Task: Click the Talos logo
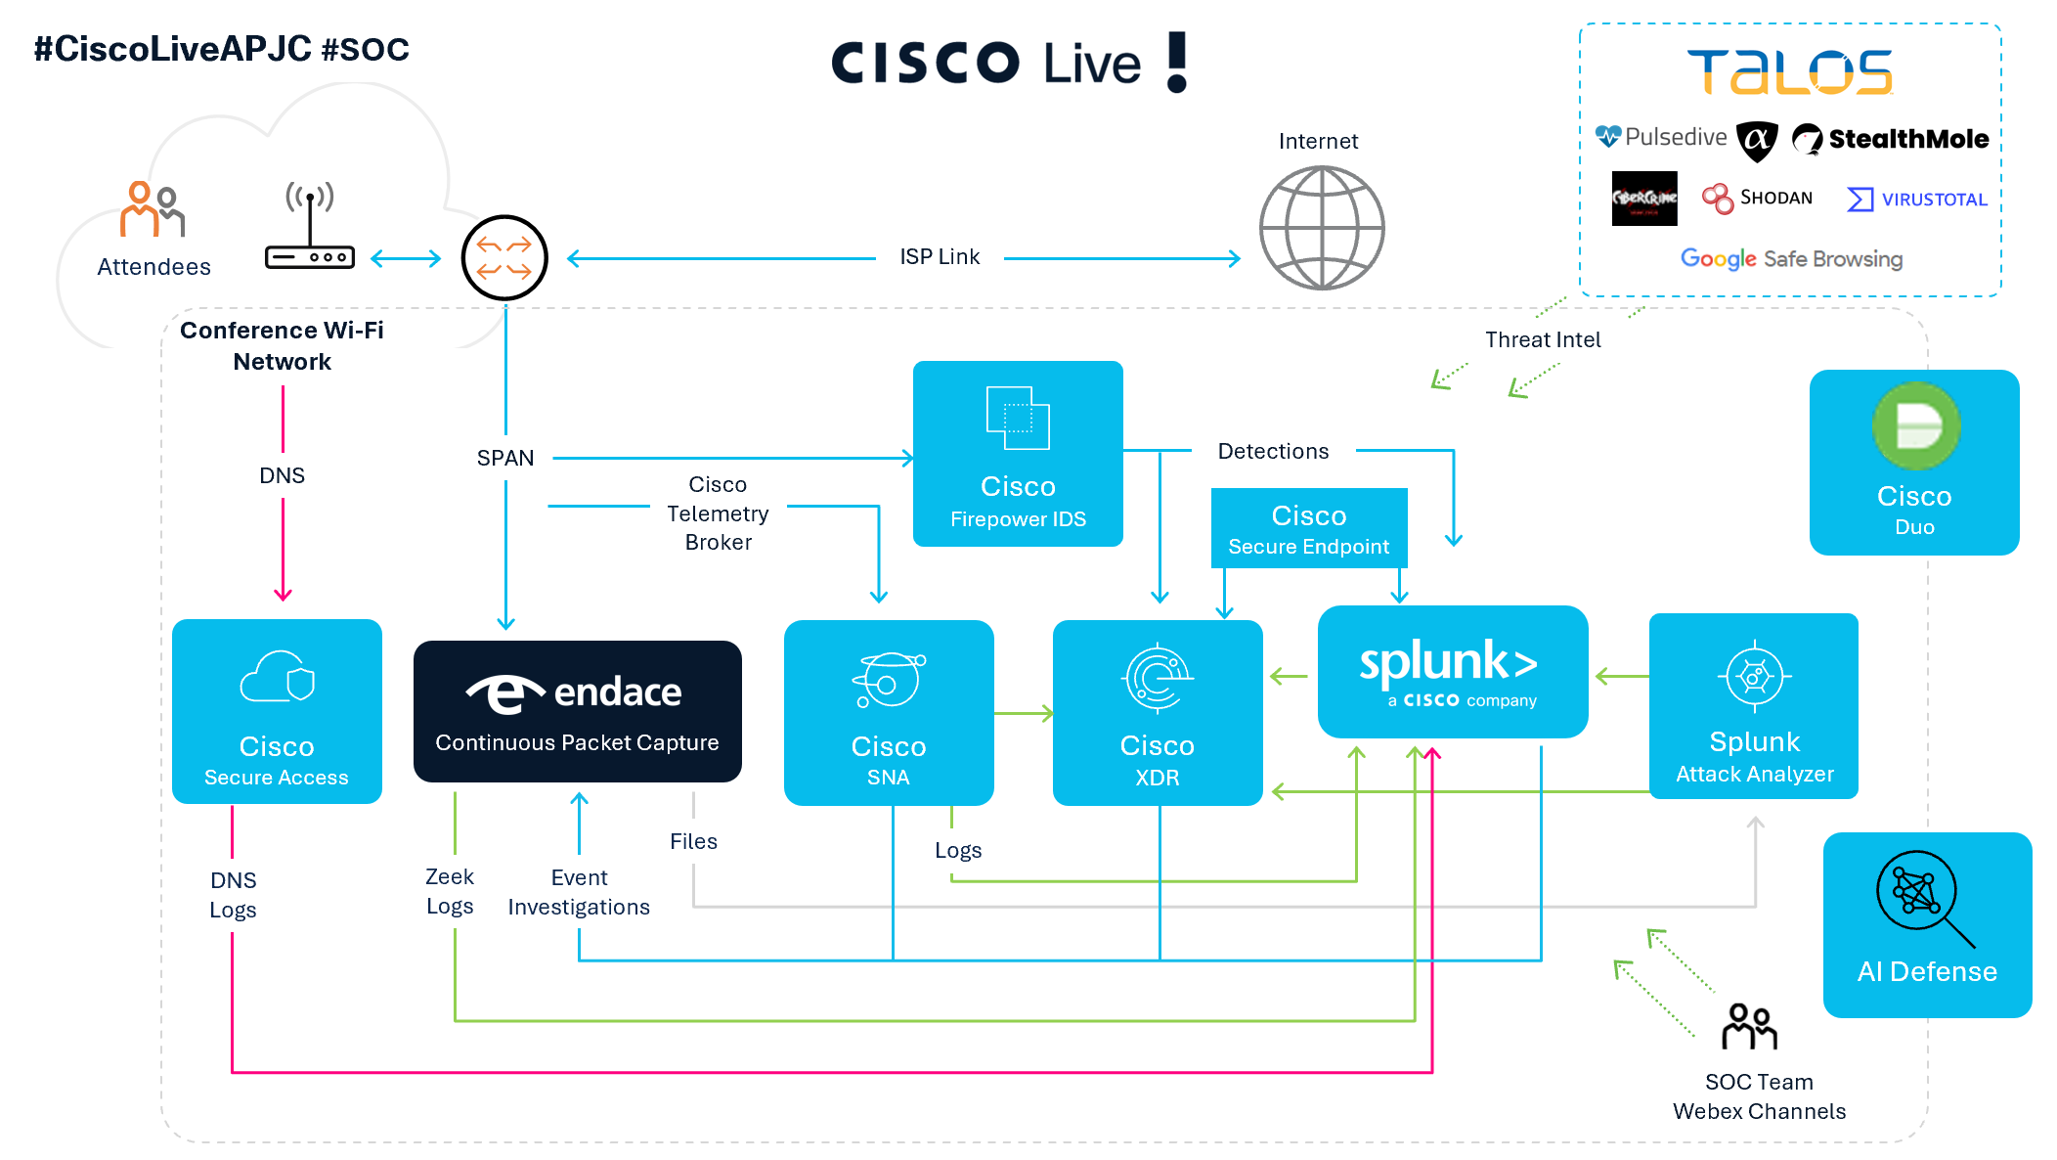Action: tap(1789, 72)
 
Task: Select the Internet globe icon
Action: tap(1321, 228)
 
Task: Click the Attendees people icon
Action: tap(152, 209)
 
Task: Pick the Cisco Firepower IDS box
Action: tap(1017, 453)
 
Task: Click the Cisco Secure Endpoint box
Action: tap(1308, 528)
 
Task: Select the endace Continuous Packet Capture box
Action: tap(577, 711)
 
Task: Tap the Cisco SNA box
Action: tap(888, 712)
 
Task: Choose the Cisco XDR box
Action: tap(1157, 712)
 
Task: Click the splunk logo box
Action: tap(1452, 672)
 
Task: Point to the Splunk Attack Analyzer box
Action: tap(1753, 706)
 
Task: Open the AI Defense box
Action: tap(1926, 924)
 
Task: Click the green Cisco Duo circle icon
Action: tap(1915, 426)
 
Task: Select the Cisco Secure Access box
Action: tap(277, 711)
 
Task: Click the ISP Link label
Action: tap(939, 257)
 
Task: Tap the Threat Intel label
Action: tap(1542, 339)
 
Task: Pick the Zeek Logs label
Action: tap(450, 891)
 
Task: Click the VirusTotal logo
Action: tap(1916, 200)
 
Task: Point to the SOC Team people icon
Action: tap(1749, 1026)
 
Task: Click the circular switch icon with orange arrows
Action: tap(504, 258)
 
